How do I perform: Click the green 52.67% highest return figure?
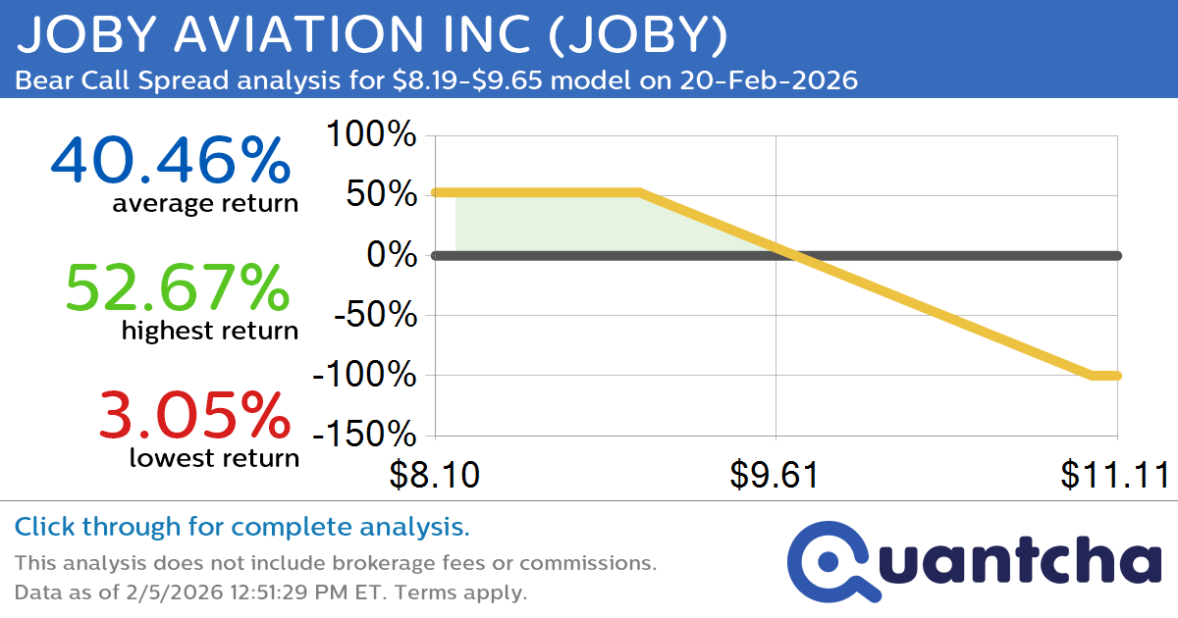(x=177, y=288)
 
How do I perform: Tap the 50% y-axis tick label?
(x=383, y=195)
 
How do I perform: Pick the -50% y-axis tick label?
(x=374, y=316)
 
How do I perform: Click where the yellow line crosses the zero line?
(x=793, y=256)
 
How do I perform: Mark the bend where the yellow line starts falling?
(x=639, y=192)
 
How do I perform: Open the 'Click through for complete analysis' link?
(x=241, y=528)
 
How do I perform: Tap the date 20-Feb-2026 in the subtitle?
(x=766, y=80)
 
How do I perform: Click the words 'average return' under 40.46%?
(x=204, y=203)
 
